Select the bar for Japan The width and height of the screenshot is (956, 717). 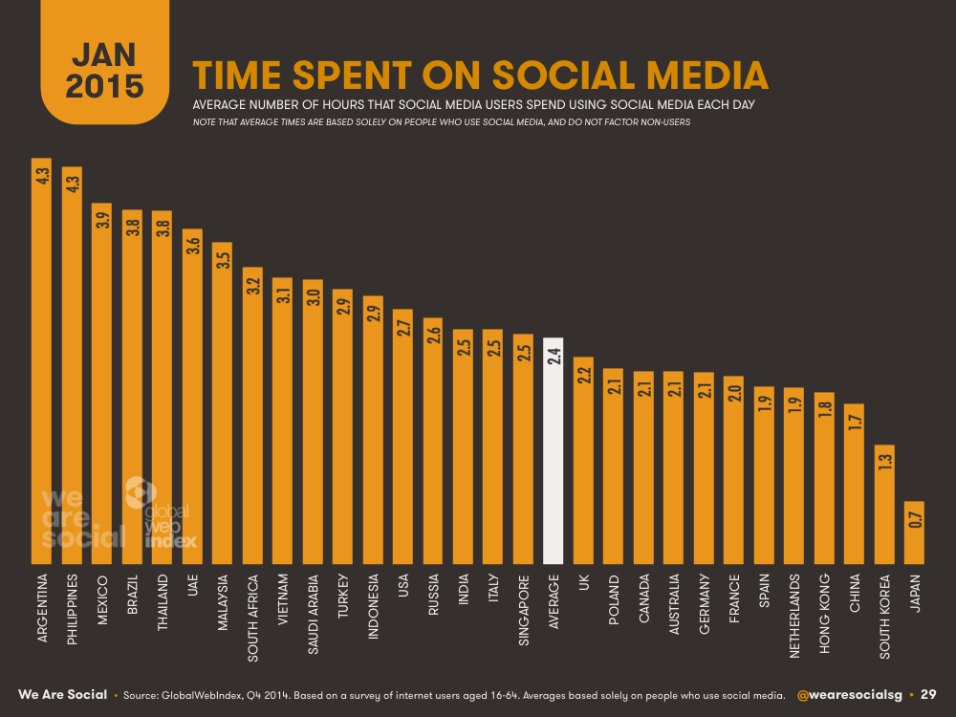(914, 532)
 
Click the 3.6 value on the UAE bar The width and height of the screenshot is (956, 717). (192, 245)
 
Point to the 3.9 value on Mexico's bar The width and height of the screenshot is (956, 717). (101, 219)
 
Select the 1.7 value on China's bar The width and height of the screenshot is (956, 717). (855, 420)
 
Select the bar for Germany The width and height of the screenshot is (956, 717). (704, 468)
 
